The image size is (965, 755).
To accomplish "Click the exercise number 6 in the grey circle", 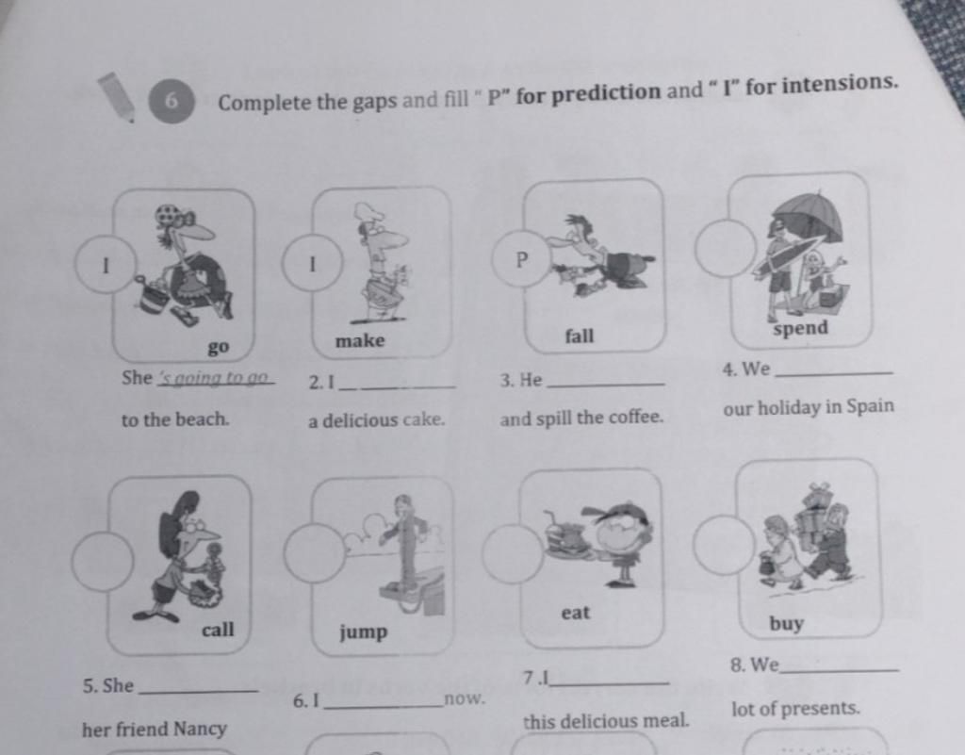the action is coord(172,100).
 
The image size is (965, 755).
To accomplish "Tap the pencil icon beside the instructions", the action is coord(116,96).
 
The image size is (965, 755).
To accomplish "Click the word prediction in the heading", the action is coord(605,93).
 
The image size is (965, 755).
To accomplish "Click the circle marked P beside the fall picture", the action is coord(522,259).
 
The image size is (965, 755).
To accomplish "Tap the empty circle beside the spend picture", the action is coord(726,248).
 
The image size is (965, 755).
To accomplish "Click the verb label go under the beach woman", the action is coord(219,347).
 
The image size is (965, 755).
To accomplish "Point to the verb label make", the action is coord(360,340).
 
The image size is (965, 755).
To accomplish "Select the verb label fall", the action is coord(580,336).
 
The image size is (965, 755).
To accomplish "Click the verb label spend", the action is coord(801,328).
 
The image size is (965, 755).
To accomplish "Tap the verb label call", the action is coord(218,630).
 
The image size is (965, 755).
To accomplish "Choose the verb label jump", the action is coord(363,632).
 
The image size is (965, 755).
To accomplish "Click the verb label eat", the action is coord(576,613).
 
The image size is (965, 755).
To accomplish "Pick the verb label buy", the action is coord(787,624).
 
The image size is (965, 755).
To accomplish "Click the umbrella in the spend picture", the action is coord(809,217).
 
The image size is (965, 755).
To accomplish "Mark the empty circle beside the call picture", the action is coord(102,562).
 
